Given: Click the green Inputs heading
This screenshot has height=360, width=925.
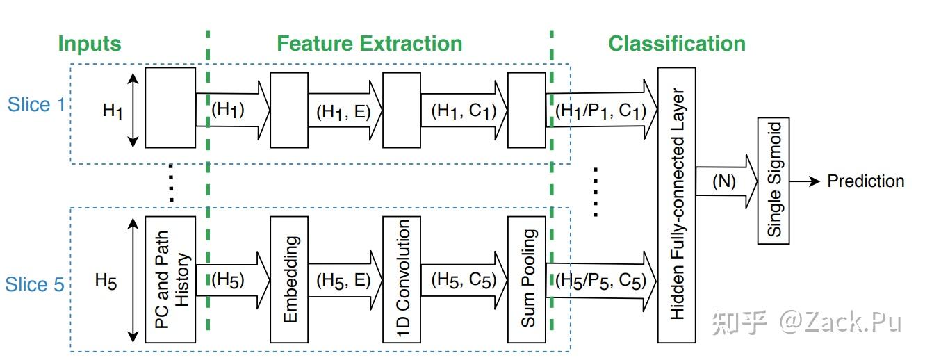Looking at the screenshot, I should (x=90, y=44).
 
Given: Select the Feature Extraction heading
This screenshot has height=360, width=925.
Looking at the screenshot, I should (x=369, y=44).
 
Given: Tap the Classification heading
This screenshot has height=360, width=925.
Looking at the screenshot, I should (x=676, y=44).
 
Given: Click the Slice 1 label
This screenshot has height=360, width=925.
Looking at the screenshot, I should (x=39, y=105).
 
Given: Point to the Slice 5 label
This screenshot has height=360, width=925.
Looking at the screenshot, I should (x=35, y=284).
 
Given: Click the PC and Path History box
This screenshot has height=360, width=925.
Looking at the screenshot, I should (x=170, y=279).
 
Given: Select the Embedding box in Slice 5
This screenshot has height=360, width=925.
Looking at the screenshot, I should (x=288, y=279).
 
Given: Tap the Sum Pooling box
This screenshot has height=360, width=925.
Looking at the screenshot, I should (x=527, y=279).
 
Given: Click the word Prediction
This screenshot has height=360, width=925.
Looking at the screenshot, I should (x=865, y=181).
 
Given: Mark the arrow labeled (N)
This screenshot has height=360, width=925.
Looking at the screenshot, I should (x=726, y=182).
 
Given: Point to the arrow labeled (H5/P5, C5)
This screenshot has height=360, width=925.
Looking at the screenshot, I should (x=601, y=281).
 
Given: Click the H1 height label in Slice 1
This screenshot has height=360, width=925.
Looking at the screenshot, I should (x=112, y=109).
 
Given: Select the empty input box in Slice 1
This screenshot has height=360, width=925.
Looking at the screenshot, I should (x=170, y=108).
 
